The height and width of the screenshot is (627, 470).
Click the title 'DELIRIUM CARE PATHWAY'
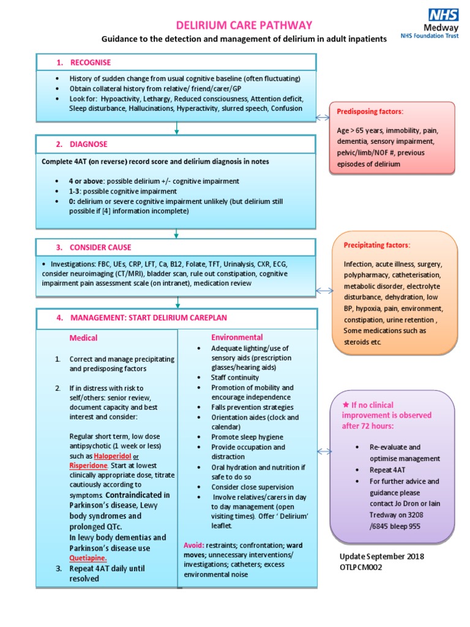[x=244, y=25]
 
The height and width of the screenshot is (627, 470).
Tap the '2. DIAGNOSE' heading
[x=81, y=144]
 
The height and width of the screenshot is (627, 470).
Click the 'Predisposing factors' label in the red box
[x=370, y=111]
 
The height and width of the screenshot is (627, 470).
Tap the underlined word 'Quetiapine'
[x=88, y=558]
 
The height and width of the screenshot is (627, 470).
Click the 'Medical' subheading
[x=83, y=337]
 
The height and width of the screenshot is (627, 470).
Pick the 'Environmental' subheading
[x=237, y=337]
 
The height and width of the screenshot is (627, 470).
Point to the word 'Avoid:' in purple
[x=194, y=545]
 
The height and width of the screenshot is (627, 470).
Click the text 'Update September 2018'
[x=382, y=556]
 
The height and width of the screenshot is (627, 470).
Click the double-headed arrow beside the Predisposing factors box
[x=322, y=117]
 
